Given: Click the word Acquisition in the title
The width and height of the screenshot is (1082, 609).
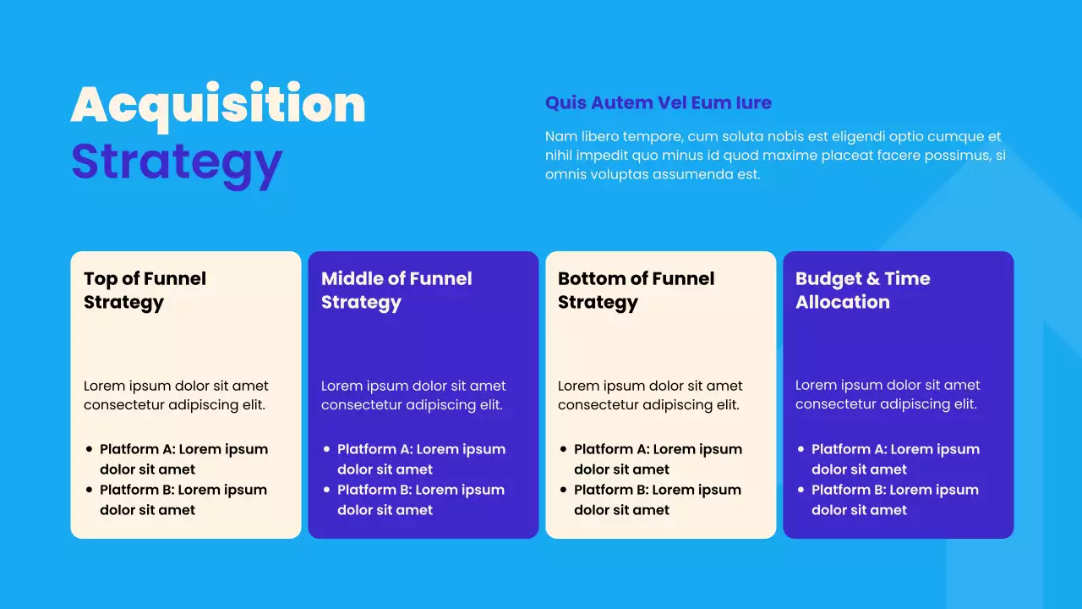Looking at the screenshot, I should click(x=218, y=106).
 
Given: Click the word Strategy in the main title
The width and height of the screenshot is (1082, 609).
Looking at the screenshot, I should click(x=177, y=161).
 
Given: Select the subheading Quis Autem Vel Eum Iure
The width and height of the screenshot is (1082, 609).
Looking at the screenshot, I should click(x=658, y=103).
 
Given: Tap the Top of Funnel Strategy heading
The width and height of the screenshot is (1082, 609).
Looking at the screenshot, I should click(x=145, y=290).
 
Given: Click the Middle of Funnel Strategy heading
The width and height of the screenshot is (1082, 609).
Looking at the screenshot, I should click(x=396, y=290).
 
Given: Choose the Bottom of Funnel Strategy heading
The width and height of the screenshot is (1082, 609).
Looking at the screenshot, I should click(x=636, y=290).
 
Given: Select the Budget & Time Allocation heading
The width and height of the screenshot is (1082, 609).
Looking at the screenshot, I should click(x=862, y=290).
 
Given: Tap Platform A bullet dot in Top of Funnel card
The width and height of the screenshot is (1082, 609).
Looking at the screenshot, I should click(x=89, y=450).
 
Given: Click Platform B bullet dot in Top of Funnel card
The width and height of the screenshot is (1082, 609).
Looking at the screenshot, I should click(x=89, y=491).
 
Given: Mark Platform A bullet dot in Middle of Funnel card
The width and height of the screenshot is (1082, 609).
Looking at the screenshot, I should click(x=326, y=450).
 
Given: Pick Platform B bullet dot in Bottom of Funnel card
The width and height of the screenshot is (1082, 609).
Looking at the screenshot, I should click(x=563, y=491).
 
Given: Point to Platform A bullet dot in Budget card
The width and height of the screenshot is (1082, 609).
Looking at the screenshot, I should click(x=801, y=450).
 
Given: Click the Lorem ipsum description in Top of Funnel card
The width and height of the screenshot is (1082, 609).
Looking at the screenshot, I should click(x=176, y=395).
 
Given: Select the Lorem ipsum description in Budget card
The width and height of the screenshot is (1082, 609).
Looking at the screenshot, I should click(x=888, y=395).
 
